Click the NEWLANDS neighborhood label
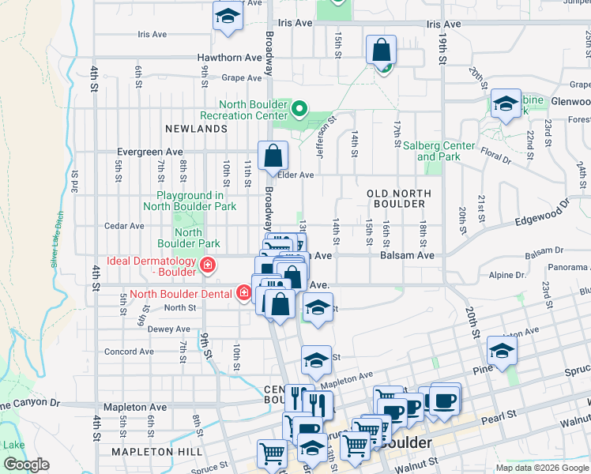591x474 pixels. click(196, 128)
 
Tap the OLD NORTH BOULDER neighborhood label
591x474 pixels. click(399, 198)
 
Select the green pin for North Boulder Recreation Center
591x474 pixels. click(299, 108)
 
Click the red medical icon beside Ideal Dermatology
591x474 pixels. click(208, 265)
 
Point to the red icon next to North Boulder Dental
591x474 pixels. click(244, 294)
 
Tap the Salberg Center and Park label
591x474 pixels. click(439, 151)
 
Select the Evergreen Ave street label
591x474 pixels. click(149, 152)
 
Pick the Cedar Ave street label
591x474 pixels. click(124, 226)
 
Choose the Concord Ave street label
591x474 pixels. click(130, 352)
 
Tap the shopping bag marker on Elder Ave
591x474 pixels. click(273, 156)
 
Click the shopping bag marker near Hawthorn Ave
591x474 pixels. click(381, 51)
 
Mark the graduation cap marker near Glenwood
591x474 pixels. click(506, 103)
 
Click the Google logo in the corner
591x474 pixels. click(26, 465)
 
